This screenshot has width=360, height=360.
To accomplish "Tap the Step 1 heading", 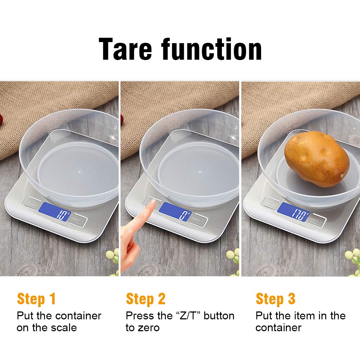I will point(36,299).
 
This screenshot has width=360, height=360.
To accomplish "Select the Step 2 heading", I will point(146,299).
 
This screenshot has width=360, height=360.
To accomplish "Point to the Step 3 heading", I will point(275,299).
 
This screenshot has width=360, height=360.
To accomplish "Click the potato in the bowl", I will point(317,159).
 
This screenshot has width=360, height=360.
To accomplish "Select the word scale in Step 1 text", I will point(62,328).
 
